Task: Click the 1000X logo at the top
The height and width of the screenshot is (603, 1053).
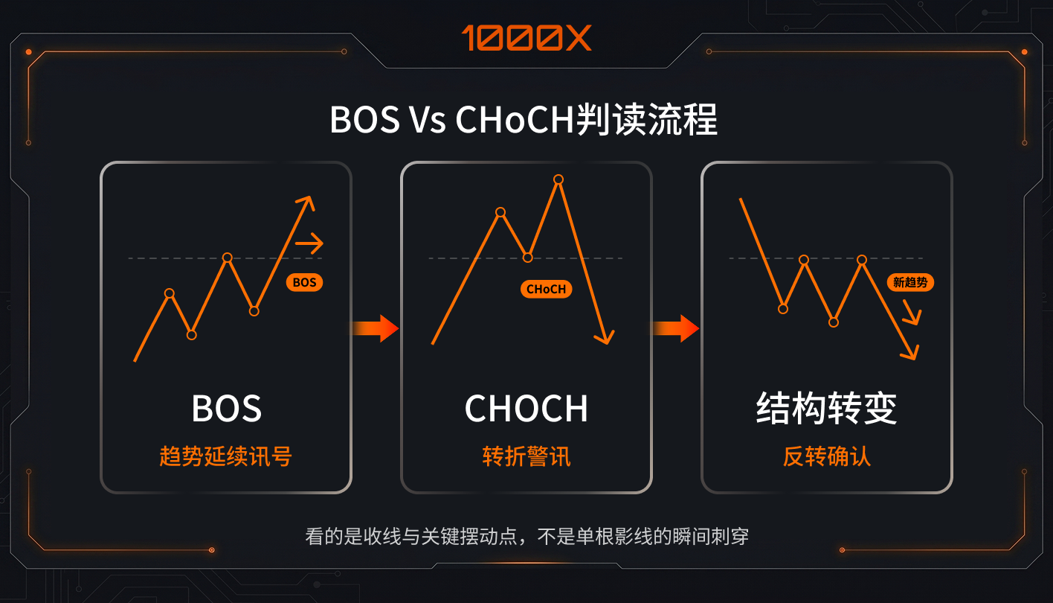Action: [x=526, y=38]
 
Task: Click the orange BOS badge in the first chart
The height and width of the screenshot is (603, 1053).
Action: [x=304, y=282]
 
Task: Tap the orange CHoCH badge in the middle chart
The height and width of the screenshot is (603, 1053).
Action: [x=547, y=289]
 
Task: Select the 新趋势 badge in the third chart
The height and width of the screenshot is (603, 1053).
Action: [x=910, y=282]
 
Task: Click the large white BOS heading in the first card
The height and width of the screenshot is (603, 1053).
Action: [x=226, y=408]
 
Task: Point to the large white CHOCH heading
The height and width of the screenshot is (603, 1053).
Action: [x=526, y=408]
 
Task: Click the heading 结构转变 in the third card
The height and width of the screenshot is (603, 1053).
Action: [x=826, y=408]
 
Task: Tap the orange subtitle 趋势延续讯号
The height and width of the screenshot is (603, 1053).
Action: [x=225, y=456]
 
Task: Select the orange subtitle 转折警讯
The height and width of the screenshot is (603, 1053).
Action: [x=526, y=456]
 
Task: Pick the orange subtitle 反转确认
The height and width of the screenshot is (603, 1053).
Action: [x=826, y=456]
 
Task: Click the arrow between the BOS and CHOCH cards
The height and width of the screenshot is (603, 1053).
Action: [x=376, y=328]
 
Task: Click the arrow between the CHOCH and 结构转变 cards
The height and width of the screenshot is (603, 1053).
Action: [x=676, y=328]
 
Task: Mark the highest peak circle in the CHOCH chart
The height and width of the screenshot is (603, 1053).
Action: [x=558, y=179]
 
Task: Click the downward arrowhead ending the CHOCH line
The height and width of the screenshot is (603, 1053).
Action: [x=605, y=337]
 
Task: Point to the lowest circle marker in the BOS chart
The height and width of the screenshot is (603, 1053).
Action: [x=191, y=335]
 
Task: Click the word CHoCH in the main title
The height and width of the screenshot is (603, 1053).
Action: [x=515, y=120]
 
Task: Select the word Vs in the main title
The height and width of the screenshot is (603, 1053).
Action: [x=427, y=120]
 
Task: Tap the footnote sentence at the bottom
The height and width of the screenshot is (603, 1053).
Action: [x=526, y=536]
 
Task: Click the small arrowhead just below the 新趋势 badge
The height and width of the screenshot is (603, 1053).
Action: [x=913, y=313]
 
